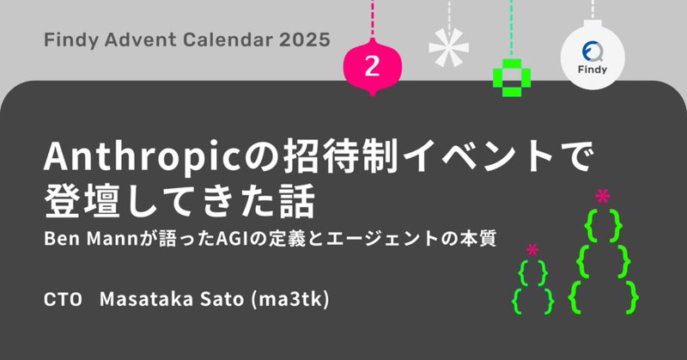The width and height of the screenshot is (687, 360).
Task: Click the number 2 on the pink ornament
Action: coord(371,66)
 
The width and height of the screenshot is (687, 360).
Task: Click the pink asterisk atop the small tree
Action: coord(532,251)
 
